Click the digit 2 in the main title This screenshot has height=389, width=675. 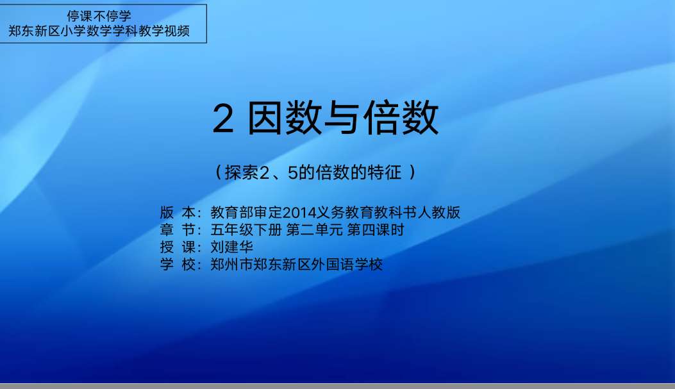point(223,119)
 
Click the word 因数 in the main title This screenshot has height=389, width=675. point(285,117)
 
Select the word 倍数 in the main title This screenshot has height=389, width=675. point(401,117)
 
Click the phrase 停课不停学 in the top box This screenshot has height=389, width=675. point(99,17)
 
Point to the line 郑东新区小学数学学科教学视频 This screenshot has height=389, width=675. point(99,31)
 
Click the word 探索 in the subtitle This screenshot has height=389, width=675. point(241,172)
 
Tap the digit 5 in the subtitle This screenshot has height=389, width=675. point(293,173)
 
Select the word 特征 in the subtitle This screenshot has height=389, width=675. point(386,172)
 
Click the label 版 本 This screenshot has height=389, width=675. point(178,212)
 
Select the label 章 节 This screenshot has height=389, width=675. point(178,230)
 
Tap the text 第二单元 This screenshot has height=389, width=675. point(314,230)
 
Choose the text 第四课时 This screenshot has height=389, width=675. point(376,230)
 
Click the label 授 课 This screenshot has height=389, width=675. point(178,247)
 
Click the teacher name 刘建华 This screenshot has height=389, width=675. point(231,247)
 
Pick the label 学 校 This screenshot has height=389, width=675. point(178,264)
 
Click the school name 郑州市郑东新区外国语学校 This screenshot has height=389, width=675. point(296,264)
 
